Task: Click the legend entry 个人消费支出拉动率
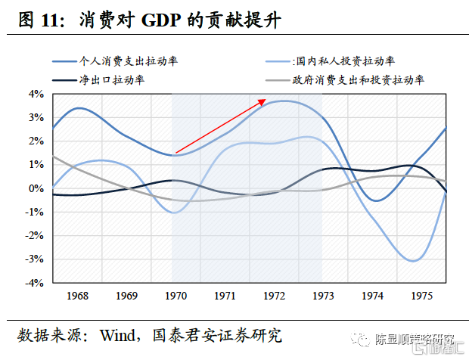click(133, 60)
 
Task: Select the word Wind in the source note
click(120, 334)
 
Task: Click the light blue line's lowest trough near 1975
click(412, 261)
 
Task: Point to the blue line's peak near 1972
click(285, 101)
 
